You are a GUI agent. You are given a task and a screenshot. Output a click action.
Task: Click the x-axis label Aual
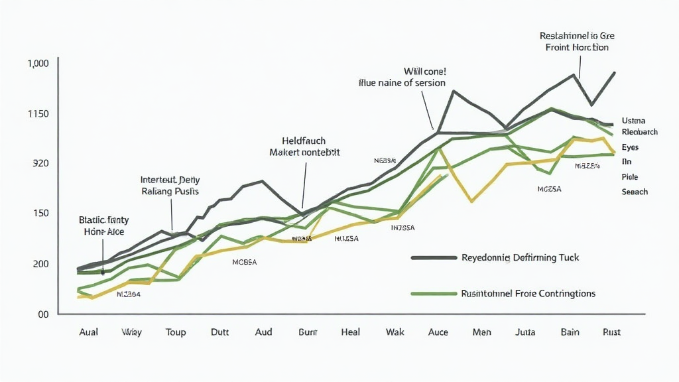pyautogui.click(x=88, y=332)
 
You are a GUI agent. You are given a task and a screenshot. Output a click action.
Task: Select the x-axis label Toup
pyautogui.click(x=176, y=332)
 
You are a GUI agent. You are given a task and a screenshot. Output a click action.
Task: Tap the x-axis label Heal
pyautogui.click(x=350, y=332)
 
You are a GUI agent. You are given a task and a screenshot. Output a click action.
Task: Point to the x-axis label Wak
pyautogui.click(x=395, y=332)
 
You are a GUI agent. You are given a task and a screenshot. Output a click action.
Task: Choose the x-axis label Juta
pyautogui.click(x=525, y=332)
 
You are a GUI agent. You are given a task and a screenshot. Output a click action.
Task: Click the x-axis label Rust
pyautogui.click(x=611, y=332)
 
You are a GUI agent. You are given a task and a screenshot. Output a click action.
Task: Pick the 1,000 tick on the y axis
pyautogui.click(x=38, y=64)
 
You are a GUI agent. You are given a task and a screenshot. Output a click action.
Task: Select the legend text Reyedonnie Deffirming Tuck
pyautogui.click(x=520, y=257)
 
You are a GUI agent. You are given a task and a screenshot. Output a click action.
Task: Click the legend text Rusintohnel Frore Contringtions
pyautogui.click(x=528, y=293)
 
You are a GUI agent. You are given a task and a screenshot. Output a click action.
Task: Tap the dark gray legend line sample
pyautogui.click(x=434, y=257)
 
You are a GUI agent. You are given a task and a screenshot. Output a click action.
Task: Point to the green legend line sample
pyautogui.click(x=434, y=293)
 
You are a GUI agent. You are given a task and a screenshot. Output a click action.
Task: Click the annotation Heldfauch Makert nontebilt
pyautogui.click(x=304, y=147)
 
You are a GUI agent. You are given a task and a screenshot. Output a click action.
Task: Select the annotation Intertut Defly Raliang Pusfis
pyautogui.click(x=170, y=185)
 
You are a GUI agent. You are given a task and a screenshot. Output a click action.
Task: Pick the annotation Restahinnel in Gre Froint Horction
pyautogui.click(x=577, y=41)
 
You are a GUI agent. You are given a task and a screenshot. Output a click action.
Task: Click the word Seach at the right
pyautogui.click(x=635, y=192)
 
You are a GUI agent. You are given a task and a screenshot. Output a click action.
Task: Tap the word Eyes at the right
pyautogui.click(x=631, y=147)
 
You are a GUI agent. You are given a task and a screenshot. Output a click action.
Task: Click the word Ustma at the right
pyautogui.click(x=634, y=121)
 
